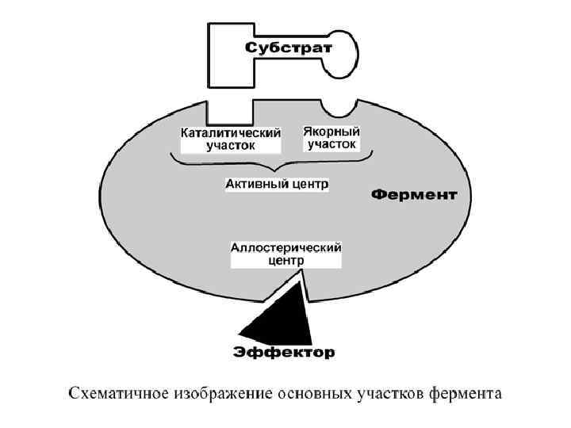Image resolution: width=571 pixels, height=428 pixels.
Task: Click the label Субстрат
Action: [289, 48]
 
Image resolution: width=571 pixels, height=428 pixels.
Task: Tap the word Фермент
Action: [414, 194]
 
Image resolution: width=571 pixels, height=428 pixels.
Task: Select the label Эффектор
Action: [283, 351]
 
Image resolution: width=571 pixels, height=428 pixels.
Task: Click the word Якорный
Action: [331, 132]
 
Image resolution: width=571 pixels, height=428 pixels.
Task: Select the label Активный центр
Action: [277, 184]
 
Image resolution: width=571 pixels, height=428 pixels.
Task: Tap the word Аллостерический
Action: [285, 247]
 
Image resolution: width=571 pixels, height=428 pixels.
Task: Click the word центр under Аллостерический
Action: [285, 259]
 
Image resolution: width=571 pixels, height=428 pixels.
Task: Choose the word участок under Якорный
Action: [331, 144]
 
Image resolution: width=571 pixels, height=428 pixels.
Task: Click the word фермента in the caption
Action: [466, 393]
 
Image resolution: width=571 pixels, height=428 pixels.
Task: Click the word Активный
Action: [253, 184]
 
